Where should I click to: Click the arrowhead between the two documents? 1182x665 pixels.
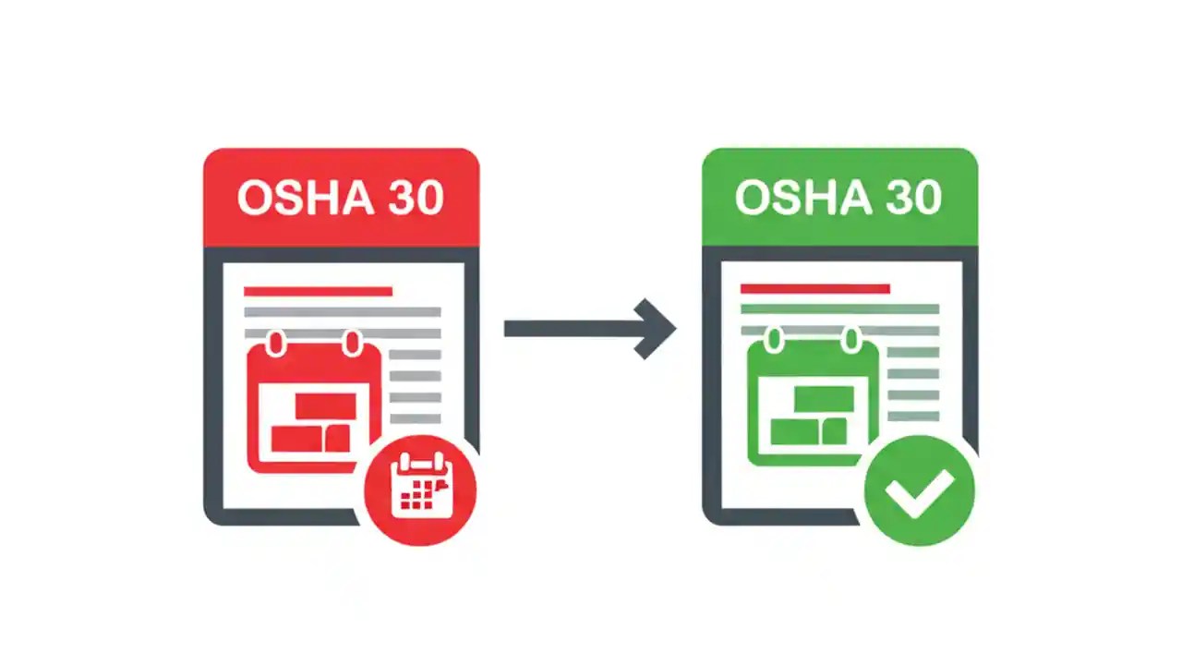(x=657, y=328)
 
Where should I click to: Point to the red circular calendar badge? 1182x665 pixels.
(x=420, y=489)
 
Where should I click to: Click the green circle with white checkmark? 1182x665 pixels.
(x=919, y=490)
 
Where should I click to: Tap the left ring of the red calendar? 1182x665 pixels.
(x=276, y=343)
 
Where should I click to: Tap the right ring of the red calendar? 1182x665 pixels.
(x=352, y=343)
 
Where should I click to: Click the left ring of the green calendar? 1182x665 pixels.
(x=774, y=341)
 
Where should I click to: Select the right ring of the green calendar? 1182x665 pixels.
(x=850, y=341)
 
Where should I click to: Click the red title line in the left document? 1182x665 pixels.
(x=318, y=291)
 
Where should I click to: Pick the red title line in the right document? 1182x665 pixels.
(x=814, y=289)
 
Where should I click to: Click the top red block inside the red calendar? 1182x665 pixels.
(x=325, y=405)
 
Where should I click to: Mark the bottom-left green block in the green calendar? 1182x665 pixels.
(x=795, y=431)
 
